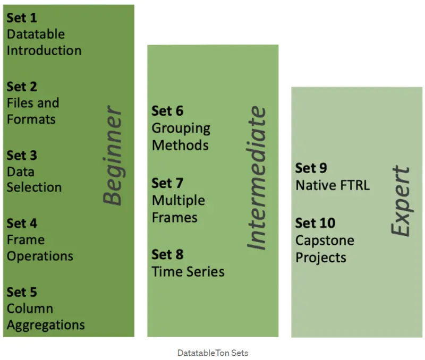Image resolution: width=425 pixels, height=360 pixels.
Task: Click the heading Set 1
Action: [22, 18]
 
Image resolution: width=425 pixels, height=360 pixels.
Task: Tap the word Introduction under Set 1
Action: [44, 50]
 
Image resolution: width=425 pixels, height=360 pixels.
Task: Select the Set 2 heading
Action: [22, 87]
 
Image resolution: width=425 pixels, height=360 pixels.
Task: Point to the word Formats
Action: [31, 119]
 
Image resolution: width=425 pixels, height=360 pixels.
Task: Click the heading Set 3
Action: [22, 156]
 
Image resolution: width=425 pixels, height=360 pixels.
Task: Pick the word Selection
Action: [34, 187]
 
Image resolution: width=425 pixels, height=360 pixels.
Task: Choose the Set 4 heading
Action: [22, 224]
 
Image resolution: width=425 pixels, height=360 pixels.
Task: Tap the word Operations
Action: [40, 256]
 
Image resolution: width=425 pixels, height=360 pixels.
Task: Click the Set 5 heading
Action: [22, 292]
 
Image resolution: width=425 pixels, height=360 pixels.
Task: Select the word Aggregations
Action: [46, 325]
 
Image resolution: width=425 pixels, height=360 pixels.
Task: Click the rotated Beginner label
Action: [113, 155]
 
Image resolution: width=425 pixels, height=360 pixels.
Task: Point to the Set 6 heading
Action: [167, 111]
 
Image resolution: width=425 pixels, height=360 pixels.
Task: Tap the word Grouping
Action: [181, 128]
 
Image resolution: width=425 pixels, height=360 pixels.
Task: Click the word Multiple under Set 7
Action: [178, 201]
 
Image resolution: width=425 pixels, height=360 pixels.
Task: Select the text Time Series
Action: [188, 272]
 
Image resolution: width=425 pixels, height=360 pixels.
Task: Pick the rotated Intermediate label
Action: [257, 178]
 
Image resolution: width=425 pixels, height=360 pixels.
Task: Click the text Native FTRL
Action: [333, 185]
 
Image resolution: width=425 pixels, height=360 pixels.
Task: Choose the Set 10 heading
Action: [315, 223]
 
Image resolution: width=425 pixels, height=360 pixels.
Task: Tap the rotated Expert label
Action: [401, 201]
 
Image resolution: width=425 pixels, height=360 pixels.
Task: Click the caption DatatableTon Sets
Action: [213, 353]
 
